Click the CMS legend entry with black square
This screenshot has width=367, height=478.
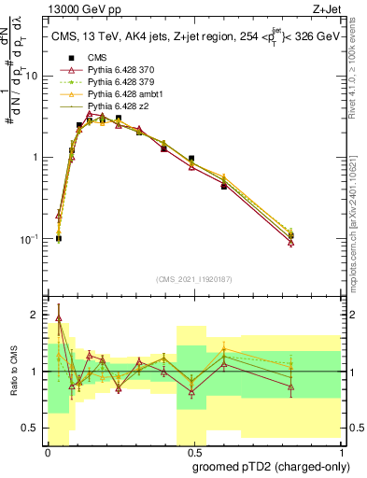point(97,58)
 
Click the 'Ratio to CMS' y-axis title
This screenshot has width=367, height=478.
point(12,373)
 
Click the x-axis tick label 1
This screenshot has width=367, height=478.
point(340,450)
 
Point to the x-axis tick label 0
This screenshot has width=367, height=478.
point(48,450)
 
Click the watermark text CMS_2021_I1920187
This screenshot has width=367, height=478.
point(193,278)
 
